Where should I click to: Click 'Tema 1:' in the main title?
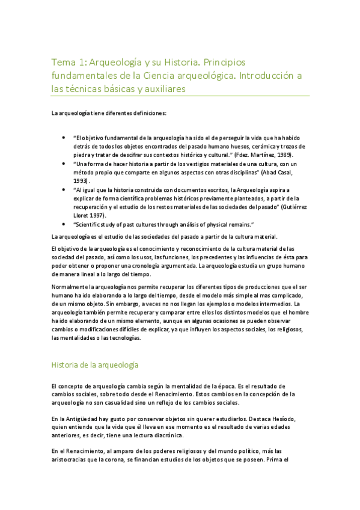click(68, 62)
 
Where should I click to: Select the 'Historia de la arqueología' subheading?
click(96, 364)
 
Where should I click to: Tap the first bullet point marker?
click(64, 137)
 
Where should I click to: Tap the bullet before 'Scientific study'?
click(64, 224)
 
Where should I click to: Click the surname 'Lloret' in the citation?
click(84, 215)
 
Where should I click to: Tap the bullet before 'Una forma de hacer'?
click(64, 163)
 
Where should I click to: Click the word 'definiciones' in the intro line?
click(145, 112)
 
